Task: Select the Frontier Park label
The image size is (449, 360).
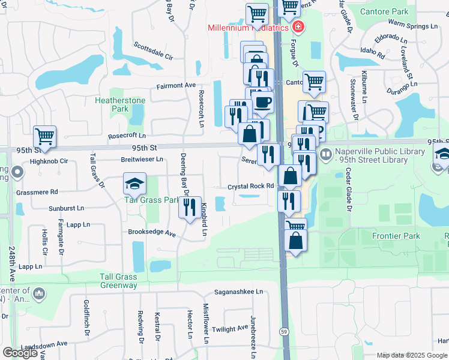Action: pyautogui.click(x=396, y=236)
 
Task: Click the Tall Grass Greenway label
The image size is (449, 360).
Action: pyautogui.click(x=118, y=281)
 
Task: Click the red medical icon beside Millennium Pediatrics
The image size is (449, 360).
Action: pyautogui.click(x=298, y=27)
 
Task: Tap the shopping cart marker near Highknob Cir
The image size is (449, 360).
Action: pyautogui.click(x=44, y=137)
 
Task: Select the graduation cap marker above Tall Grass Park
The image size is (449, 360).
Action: pyautogui.click(x=135, y=184)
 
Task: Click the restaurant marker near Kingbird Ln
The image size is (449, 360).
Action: pyautogui.click(x=190, y=207)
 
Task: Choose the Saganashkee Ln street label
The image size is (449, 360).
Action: pyautogui.click(x=240, y=292)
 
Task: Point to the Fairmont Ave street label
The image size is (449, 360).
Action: pyautogui.click(x=176, y=86)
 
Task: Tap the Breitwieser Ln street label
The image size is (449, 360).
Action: pyautogui.click(x=142, y=160)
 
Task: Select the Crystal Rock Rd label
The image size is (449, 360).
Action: pyautogui.click(x=250, y=187)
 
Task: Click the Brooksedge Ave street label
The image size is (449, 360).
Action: pyautogui.click(x=151, y=232)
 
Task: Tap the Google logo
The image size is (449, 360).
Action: pyautogui.click(x=20, y=353)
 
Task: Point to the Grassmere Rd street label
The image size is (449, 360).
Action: pyautogui.click(x=37, y=192)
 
